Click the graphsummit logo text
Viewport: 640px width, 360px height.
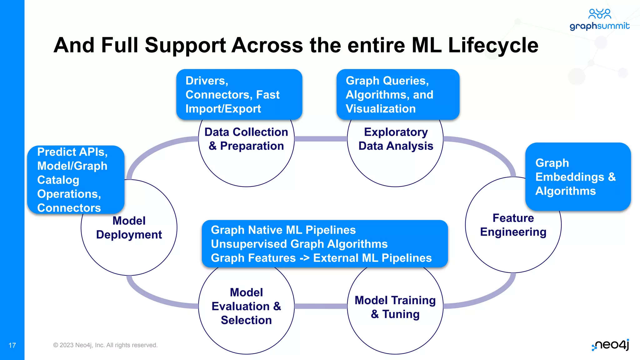point(599,26)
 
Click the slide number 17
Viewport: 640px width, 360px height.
point(12,345)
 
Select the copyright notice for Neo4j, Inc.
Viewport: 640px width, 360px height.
point(105,345)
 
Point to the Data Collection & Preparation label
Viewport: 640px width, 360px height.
point(246,139)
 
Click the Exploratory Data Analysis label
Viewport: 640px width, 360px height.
point(396,139)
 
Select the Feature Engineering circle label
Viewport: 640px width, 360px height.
point(513,225)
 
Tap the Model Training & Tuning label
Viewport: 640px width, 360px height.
point(395,307)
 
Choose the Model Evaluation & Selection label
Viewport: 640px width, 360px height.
point(246,306)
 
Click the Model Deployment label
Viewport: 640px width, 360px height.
point(129,228)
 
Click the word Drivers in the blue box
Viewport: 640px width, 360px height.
point(206,81)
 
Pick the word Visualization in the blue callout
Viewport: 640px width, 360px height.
point(381,109)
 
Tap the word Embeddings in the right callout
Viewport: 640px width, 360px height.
point(569,177)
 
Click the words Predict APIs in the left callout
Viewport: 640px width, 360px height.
point(72,152)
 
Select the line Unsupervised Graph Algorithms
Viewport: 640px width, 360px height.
point(299,244)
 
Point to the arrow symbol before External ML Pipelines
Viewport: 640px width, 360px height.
point(304,258)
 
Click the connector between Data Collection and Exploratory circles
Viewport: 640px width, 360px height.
point(321,139)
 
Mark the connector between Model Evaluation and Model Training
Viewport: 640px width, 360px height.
point(321,306)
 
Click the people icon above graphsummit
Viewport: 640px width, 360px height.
point(599,14)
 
